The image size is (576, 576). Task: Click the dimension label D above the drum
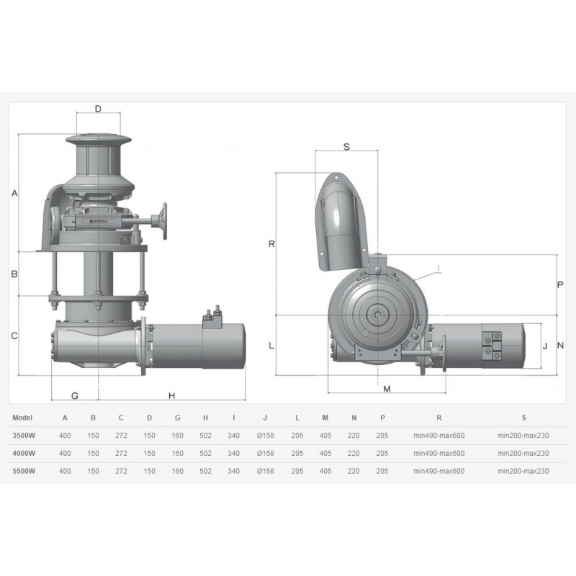coord(98,109)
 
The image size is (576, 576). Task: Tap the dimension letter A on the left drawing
coord(14,193)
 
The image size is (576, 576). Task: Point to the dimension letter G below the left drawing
coord(75,395)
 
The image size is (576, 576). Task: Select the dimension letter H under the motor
coord(171,395)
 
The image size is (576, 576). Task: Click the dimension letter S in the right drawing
coord(346,147)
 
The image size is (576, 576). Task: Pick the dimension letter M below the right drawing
coord(387,389)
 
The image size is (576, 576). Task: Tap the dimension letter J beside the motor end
coord(545,346)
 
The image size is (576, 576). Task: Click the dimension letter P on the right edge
coord(560,284)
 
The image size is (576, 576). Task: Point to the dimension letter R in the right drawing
coord(272,244)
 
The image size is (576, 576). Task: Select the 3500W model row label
coord(24,436)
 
